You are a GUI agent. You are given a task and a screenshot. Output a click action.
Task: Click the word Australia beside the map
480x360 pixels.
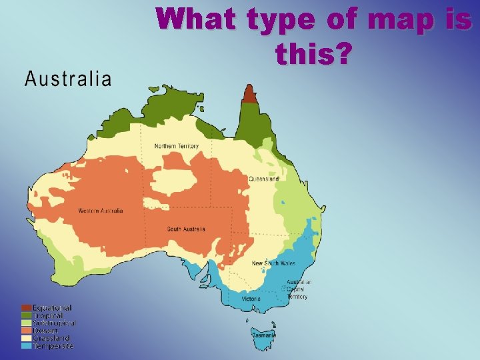tap(68, 79)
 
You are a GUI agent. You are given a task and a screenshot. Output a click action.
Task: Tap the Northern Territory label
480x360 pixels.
tap(176, 146)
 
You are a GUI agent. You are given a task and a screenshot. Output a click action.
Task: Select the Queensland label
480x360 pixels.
tap(264, 179)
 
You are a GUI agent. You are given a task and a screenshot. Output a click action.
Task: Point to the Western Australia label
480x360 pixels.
tap(101, 211)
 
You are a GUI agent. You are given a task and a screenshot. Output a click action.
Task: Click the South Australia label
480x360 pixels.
tap(183, 229)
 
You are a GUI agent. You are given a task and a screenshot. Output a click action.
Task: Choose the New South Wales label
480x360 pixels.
tap(273, 263)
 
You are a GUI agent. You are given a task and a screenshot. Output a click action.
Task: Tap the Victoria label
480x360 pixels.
tap(251, 299)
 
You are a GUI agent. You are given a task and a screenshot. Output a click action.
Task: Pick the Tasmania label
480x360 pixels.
tap(264, 335)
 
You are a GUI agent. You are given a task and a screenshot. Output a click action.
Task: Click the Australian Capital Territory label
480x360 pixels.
tap(299, 289)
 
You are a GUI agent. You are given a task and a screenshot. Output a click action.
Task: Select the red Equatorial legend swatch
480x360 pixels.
tap(26, 307)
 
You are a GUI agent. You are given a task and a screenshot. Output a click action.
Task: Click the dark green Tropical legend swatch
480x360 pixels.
tap(26, 315)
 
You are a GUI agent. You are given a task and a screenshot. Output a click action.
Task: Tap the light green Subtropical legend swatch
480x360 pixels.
tap(26, 323)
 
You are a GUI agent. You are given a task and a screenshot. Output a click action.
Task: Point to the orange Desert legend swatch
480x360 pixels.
tap(26, 331)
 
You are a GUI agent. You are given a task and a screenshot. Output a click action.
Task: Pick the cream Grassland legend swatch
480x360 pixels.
tap(26, 338)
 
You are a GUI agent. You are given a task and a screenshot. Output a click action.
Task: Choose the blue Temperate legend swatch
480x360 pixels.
tap(26, 346)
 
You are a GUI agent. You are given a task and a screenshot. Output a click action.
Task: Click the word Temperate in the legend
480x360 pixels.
tap(53, 346)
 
